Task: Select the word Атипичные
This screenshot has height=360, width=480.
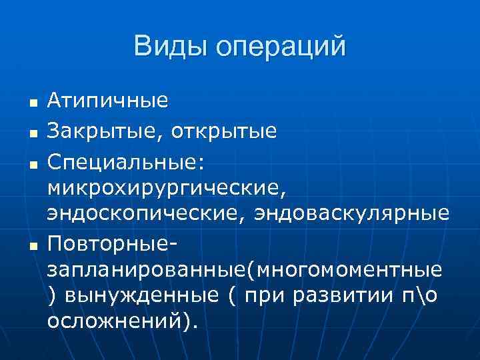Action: [107, 101]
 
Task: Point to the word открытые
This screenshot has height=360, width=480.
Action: [223, 130]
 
